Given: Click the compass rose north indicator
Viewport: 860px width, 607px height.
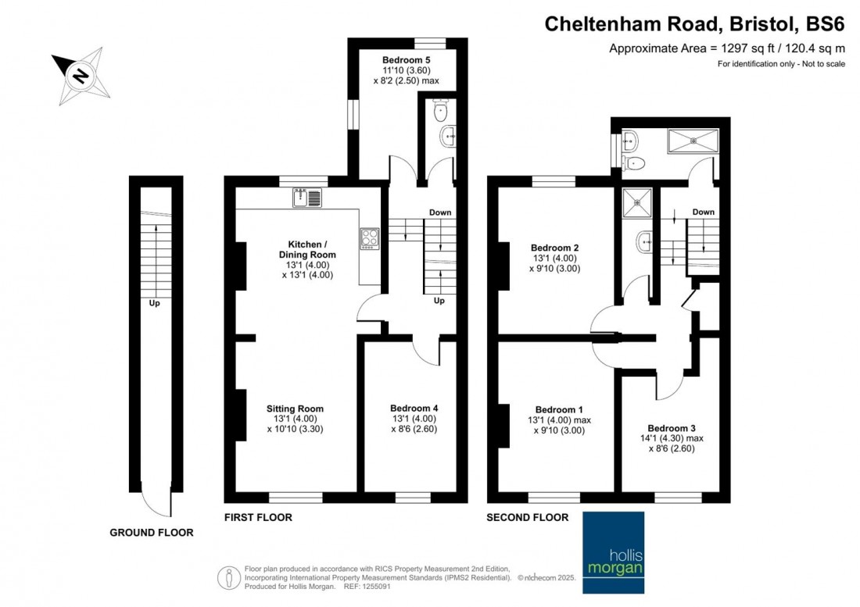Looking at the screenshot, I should (80, 76).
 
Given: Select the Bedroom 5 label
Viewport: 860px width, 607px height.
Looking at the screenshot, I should (406, 59).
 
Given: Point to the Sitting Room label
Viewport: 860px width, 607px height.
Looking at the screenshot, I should (295, 409).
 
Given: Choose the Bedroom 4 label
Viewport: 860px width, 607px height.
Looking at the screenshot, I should (414, 409).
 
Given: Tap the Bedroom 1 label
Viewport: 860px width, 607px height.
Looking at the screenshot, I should (559, 409).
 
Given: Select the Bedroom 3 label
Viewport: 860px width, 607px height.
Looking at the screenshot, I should (672, 428).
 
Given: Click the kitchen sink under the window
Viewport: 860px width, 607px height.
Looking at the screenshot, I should (306, 198).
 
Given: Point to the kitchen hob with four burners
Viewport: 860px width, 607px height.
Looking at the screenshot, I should (369, 237).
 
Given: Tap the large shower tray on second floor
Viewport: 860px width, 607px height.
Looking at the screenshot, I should (691, 141).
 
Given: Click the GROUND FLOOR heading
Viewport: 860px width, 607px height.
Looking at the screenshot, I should (151, 533).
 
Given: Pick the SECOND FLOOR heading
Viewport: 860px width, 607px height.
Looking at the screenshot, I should (527, 517).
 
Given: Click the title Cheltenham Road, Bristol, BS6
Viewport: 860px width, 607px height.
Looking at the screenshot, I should (694, 24).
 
